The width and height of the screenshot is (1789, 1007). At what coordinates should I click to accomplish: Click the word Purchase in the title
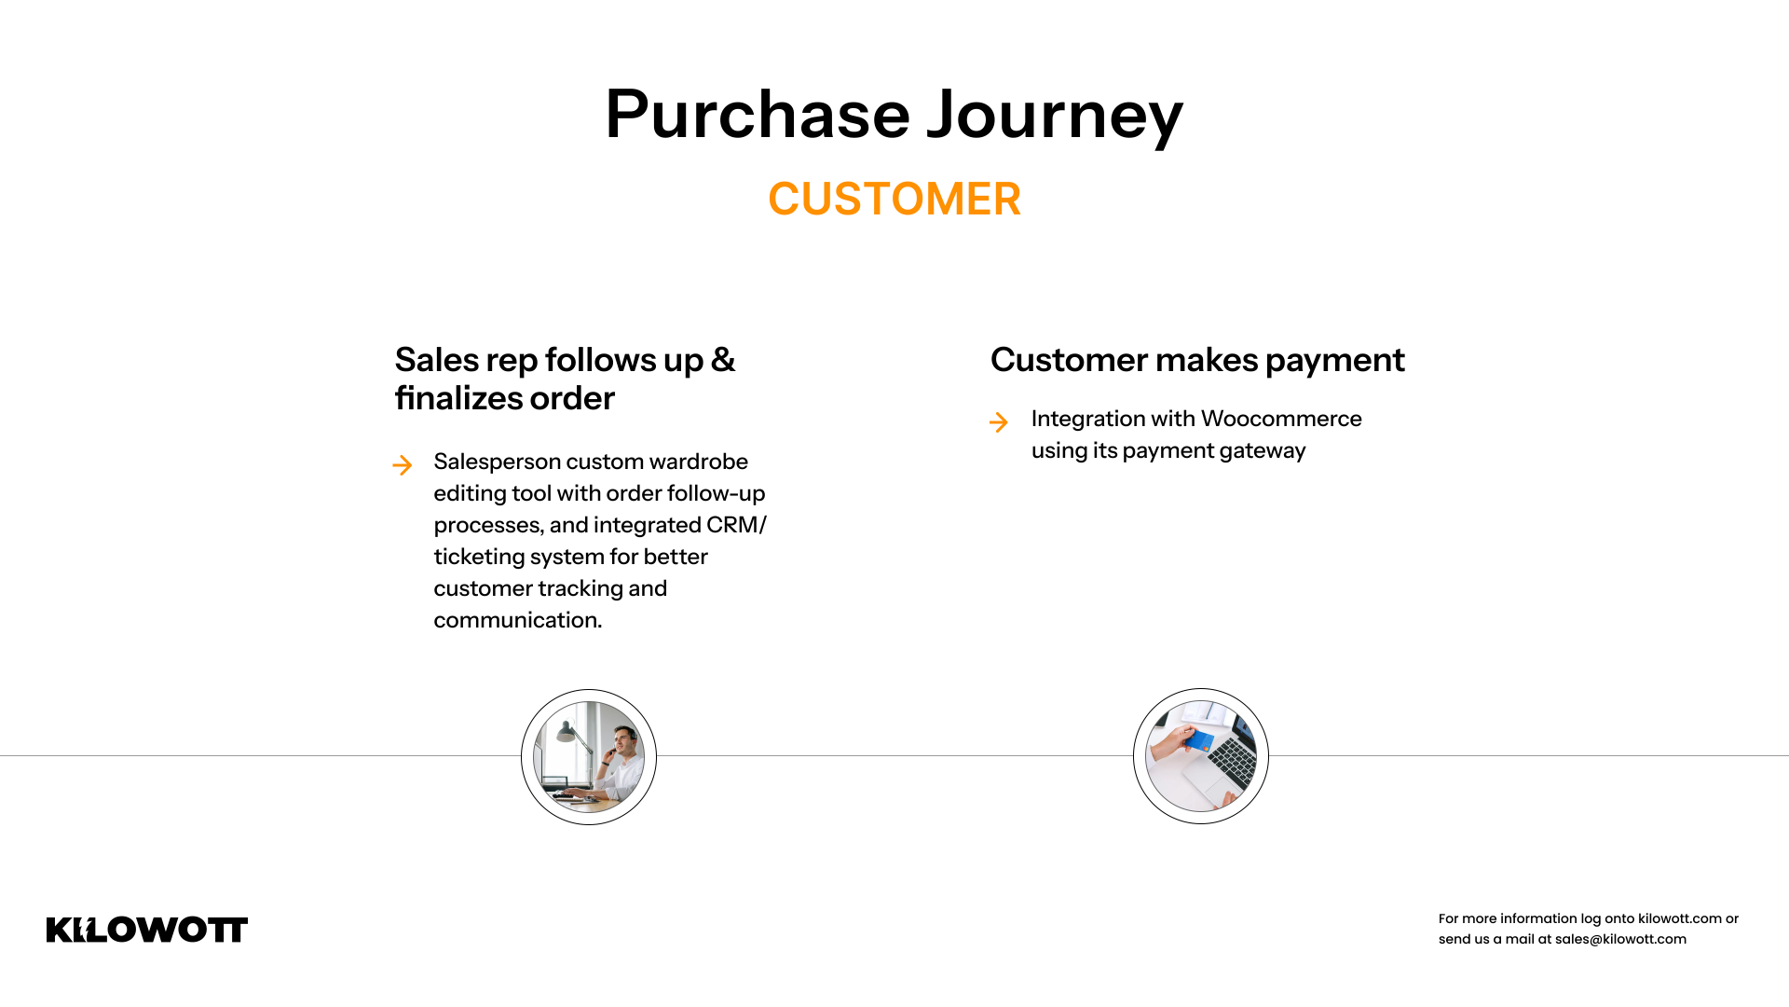coord(758,115)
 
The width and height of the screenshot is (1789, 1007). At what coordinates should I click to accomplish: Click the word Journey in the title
coord(1055,117)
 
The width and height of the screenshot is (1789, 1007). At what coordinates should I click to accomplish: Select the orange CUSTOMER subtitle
coord(894,199)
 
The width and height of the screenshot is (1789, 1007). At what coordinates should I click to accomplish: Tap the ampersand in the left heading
coord(723,360)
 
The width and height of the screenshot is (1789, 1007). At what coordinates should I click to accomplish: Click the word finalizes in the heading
coord(457,398)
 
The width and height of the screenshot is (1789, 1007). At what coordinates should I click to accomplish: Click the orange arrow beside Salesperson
coord(403,465)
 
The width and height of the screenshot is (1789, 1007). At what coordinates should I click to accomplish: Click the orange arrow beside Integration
coord(999,422)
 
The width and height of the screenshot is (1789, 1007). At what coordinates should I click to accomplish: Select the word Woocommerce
coord(1281,419)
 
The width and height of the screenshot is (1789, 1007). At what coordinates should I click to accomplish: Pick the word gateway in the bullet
coord(1263,451)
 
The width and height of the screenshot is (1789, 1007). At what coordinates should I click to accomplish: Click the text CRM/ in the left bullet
coord(736,525)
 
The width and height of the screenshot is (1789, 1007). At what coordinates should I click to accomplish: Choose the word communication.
coord(518,620)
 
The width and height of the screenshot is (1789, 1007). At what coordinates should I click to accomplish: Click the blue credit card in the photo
coord(1200,742)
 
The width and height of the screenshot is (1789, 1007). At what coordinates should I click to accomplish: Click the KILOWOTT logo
coord(147,930)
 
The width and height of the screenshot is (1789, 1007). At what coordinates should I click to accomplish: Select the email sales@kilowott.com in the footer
coord(1620,939)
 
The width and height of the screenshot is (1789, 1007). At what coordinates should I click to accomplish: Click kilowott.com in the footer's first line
coord(1679,918)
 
